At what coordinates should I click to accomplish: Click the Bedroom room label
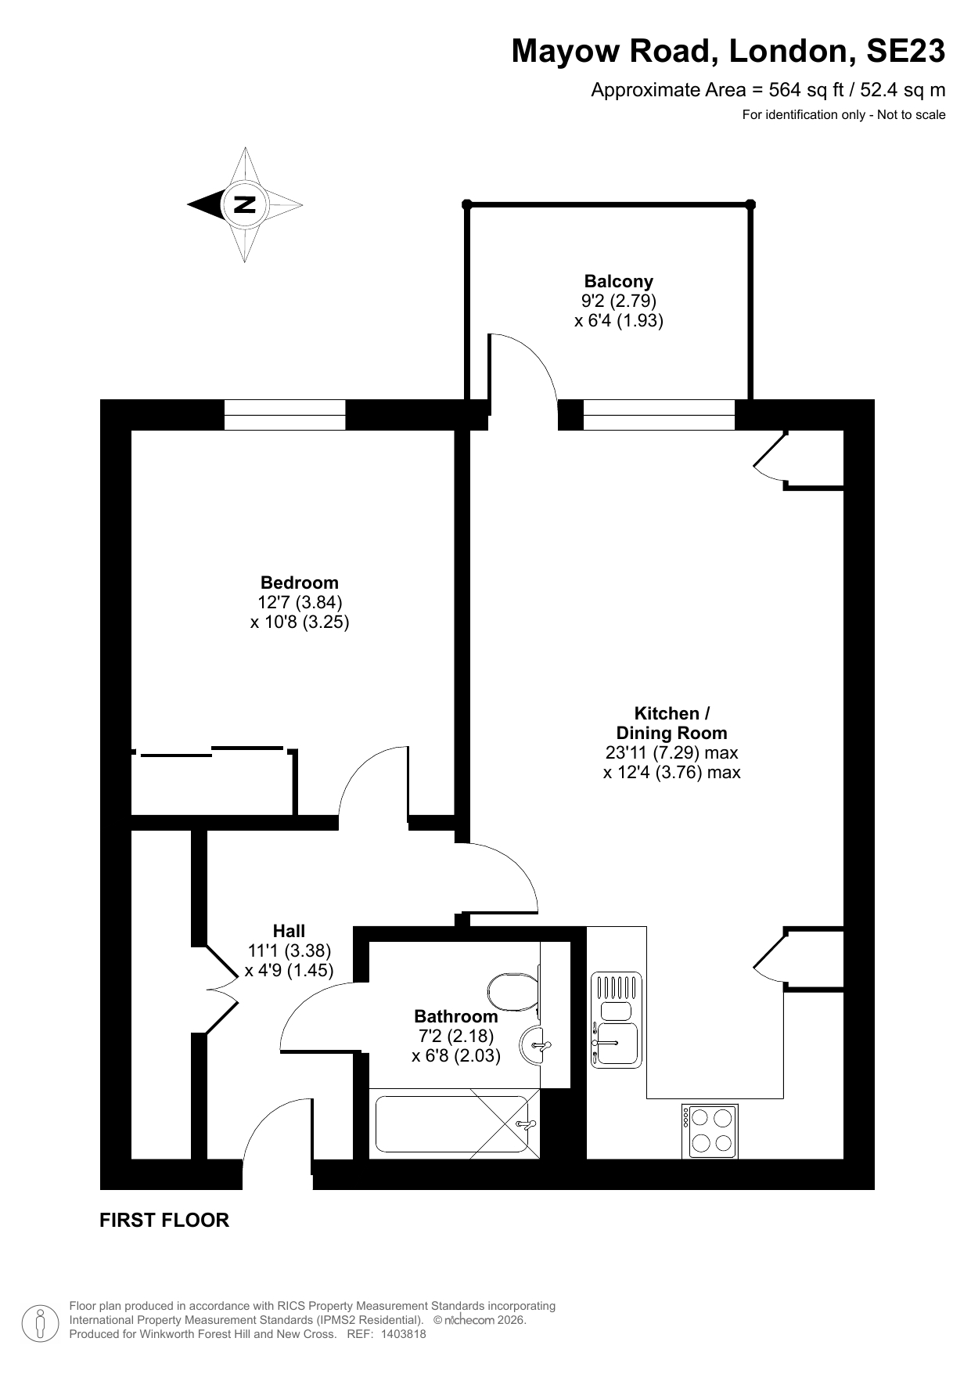pos(299,582)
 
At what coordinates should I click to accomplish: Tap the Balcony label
pos(618,281)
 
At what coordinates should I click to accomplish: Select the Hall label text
pos(289,931)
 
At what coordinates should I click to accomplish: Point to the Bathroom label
pos(455,1016)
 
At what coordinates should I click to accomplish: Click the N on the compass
pos(245,204)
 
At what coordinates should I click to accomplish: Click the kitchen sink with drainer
pos(616,1019)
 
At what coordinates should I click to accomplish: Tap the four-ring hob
pos(710,1131)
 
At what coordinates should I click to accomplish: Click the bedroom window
pos(285,415)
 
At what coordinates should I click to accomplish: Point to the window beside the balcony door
pos(659,415)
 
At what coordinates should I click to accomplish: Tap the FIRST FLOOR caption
pos(164,1220)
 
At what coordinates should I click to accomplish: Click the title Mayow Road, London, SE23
pos(728,52)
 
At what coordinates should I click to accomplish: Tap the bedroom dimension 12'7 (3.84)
pos(300,602)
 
